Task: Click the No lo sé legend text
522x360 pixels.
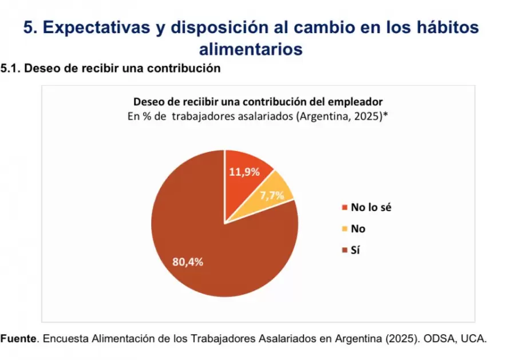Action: [x=371, y=207]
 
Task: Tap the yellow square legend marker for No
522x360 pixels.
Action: [x=344, y=229]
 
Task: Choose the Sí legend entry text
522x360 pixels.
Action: [x=355, y=250]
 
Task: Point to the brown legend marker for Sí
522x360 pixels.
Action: [x=344, y=250]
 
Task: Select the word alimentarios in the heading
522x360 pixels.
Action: [x=251, y=49]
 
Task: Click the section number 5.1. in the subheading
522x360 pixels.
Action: [x=11, y=69]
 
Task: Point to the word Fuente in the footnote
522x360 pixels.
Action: [x=18, y=339]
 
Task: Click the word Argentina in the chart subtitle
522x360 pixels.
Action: [x=323, y=116]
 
